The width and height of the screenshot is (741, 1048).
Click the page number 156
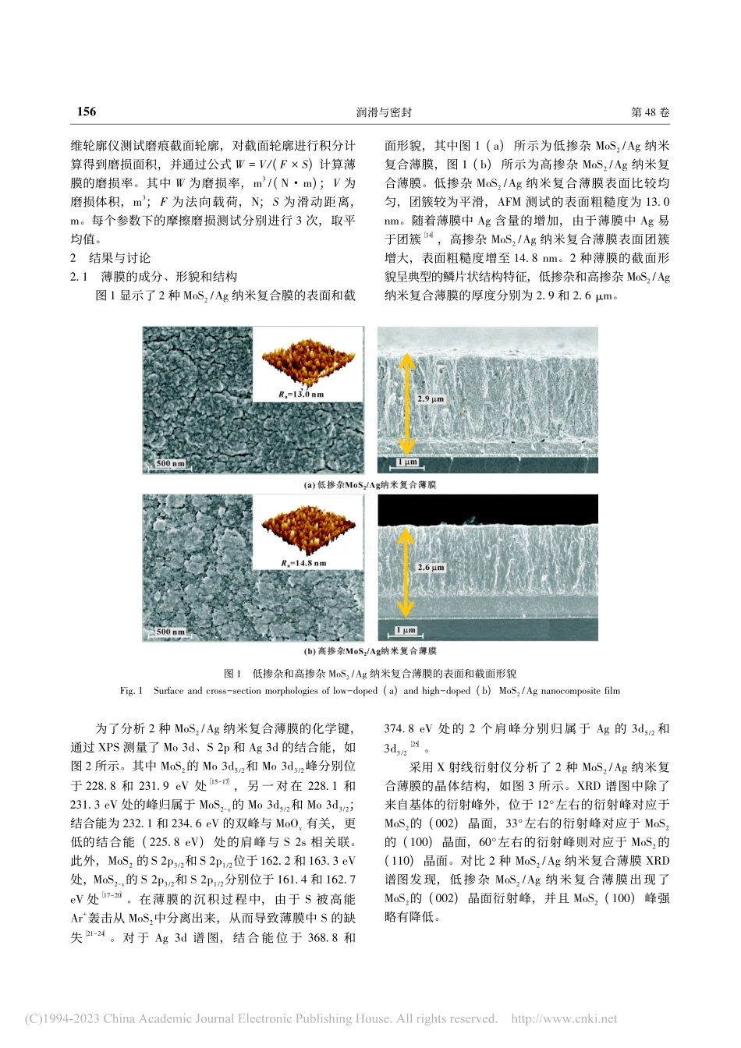[x=86, y=112]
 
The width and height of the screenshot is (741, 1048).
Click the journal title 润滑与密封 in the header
[x=384, y=112]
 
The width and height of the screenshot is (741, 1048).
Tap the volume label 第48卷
[x=650, y=112]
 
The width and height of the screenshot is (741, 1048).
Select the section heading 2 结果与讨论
[x=111, y=258]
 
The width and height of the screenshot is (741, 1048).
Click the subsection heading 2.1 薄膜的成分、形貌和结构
[x=154, y=277]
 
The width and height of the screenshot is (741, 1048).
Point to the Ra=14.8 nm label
[x=303, y=562]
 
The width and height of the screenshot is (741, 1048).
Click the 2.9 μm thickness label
[x=431, y=399]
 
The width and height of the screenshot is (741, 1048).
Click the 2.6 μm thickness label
[x=431, y=568]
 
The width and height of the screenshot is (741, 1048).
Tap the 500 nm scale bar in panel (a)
[x=170, y=464]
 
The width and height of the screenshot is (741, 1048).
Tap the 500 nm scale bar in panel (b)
[x=170, y=632]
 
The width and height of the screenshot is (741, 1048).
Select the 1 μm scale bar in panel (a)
[x=407, y=462]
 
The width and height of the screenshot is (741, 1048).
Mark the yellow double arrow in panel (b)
[x=405, y=570]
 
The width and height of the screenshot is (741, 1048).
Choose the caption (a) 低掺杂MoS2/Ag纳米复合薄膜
[x=370, y=485]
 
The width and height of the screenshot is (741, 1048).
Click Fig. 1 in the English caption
[x=132, y=691]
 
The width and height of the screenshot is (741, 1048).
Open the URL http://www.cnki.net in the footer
[x=563, y=1018]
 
